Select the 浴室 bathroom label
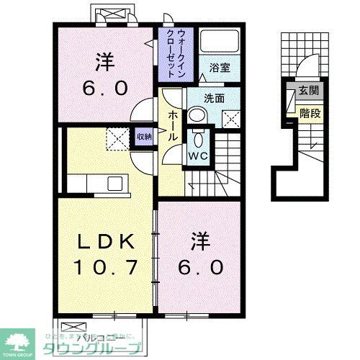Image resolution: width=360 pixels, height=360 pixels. pos(220,67)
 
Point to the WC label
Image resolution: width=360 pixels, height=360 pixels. pos(199,154)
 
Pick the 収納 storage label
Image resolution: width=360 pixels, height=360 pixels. pos(144,135)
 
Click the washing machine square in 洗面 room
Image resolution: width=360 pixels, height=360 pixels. pos(233,118)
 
